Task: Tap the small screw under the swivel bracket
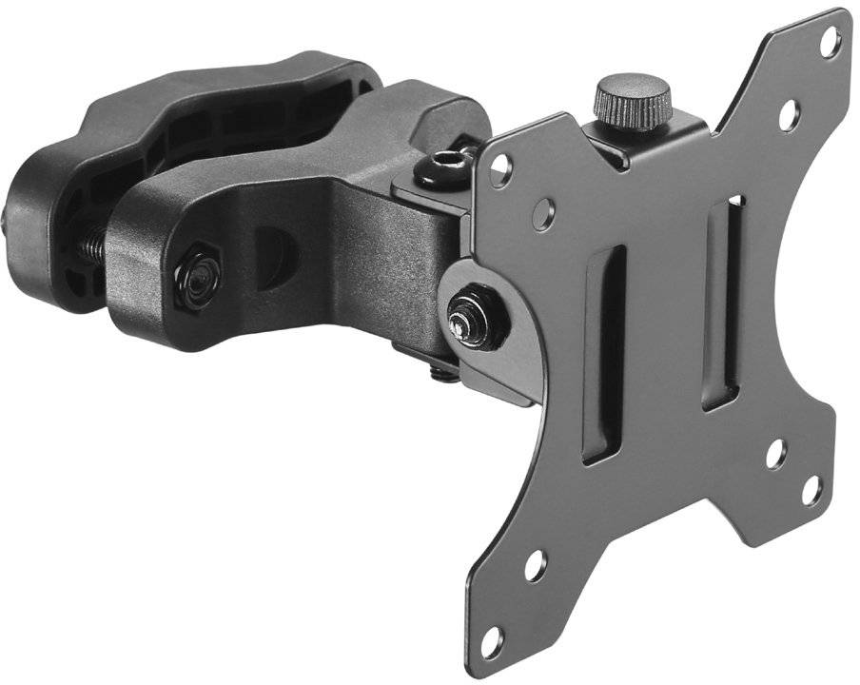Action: pos(441,368)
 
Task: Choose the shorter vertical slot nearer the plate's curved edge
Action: pos(726,303)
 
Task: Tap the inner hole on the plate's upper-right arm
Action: pos(789,116)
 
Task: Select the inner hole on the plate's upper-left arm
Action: pos(543,215)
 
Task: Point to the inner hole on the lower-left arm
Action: pos(535,565)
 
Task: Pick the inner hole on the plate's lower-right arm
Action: pos(775,455)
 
